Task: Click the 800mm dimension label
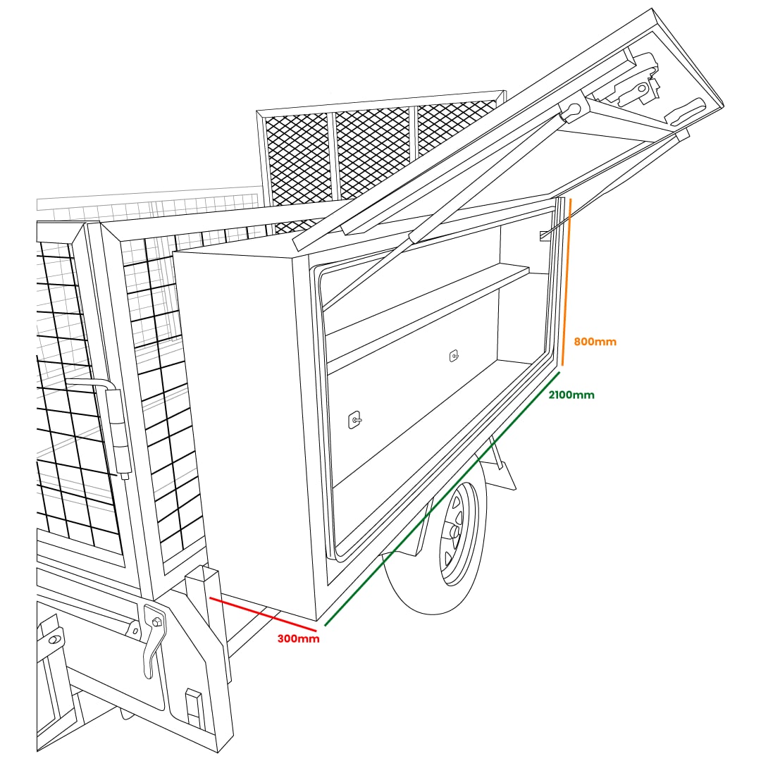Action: (x=595, y=342)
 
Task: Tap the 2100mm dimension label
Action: (x=571, y=395)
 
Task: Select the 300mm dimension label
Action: (x=299, y=638)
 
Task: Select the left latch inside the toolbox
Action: (x=354, y=420)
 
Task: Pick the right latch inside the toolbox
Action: (x=454, y=356)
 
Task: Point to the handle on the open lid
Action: (x=683, y=112)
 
